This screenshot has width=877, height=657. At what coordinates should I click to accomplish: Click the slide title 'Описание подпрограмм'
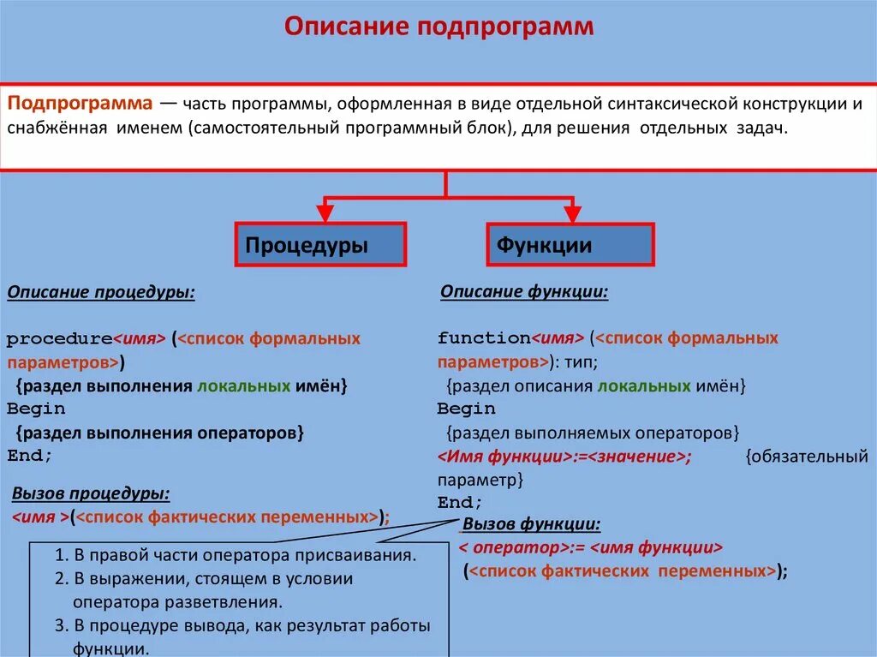438,27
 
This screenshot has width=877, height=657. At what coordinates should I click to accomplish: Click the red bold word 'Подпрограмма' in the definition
80,104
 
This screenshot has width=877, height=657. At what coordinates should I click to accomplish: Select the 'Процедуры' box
320,245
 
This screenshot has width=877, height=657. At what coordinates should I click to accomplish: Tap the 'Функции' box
570,245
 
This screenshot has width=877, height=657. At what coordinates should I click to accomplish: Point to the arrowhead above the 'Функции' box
571,212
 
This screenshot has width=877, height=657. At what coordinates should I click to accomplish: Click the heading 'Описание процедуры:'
101,293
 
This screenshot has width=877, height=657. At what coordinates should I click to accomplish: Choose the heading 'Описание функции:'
524,292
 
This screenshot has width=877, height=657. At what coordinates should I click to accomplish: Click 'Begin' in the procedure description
36,409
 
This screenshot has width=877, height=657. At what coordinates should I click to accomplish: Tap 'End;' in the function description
461,502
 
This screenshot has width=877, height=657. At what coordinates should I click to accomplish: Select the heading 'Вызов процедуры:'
91,494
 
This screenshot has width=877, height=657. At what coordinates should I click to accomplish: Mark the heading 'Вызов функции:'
532,524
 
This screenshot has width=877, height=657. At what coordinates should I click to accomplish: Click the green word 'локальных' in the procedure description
243,385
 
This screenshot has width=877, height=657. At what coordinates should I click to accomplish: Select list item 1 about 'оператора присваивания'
236,554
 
